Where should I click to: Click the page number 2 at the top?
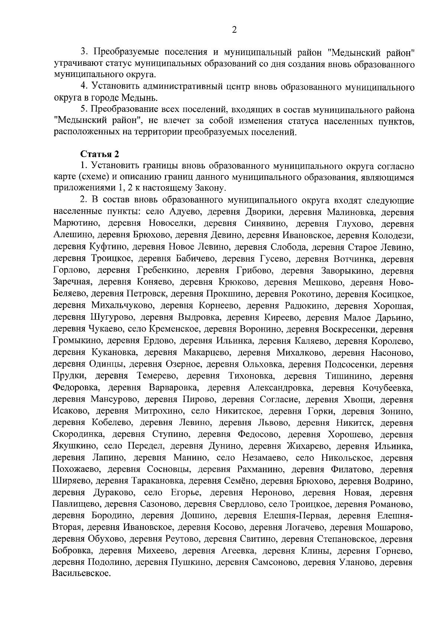234,30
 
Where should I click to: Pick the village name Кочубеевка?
387,388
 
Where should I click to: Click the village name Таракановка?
158,482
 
